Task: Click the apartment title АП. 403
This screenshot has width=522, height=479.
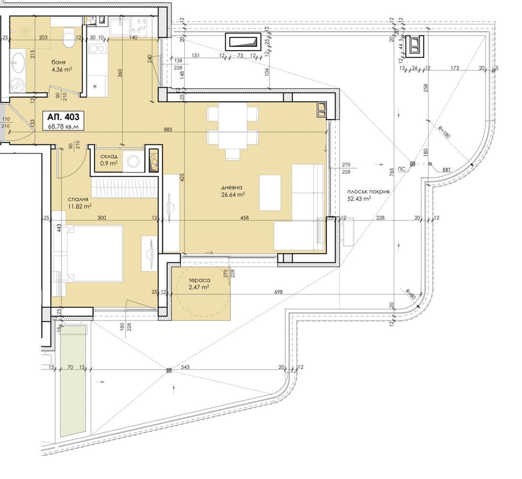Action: [x=63, y=117]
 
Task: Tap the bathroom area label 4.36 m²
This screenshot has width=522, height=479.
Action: [x=62, y=69]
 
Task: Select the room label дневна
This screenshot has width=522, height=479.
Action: [x=234, y=188]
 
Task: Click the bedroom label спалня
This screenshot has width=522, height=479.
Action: [x=78, y=199]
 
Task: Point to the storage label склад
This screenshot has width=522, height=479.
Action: [x=109, y=156]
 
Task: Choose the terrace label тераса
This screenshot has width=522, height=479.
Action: [x=199, y=280]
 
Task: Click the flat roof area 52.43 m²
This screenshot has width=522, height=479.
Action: [x=359, y=199]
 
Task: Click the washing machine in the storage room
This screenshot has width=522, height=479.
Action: [x=134, y=162]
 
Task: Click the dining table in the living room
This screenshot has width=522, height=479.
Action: [x=232, y=126]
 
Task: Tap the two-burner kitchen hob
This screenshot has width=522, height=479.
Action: [x=97, y=48]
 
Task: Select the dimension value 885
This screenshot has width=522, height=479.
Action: [x=168, y=129]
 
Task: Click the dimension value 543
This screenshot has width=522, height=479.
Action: [x=185, y=367]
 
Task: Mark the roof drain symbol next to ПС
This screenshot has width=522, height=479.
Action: [x=413, y=164]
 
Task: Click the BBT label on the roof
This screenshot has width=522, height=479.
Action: [x=446, y=170]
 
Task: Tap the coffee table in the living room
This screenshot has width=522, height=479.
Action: [x=270, y=193]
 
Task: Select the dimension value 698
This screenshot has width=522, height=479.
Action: [x=278, y=292]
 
